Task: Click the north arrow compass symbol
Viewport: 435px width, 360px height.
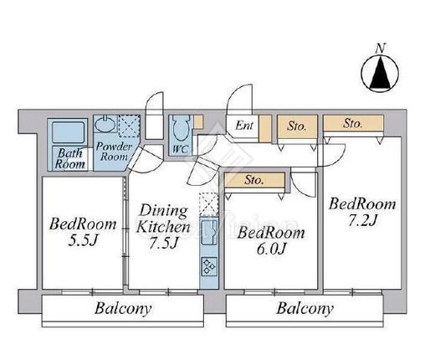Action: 380,73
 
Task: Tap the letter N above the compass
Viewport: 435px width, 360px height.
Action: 380,49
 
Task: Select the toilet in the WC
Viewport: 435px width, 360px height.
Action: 181,128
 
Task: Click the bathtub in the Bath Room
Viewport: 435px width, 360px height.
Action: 68,131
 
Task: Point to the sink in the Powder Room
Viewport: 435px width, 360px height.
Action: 105,124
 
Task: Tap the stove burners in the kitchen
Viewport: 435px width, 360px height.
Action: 209,266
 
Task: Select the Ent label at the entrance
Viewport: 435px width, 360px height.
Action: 244,126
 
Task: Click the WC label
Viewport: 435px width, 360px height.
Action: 181,149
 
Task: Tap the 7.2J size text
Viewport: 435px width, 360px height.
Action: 362,221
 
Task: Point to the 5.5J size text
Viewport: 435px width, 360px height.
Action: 82,241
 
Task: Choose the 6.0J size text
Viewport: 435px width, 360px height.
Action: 271,249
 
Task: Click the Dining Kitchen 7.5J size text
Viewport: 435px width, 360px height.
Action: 163,243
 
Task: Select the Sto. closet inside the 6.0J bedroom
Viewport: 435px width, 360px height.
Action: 254,180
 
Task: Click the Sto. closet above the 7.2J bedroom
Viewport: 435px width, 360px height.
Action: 353,123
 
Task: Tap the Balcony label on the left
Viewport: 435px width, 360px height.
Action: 123,308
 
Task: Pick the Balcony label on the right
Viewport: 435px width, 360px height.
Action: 304,308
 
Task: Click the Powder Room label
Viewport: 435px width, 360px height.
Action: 114,152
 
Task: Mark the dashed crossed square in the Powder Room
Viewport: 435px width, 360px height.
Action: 129,126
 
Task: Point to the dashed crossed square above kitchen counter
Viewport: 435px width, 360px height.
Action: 208,204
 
